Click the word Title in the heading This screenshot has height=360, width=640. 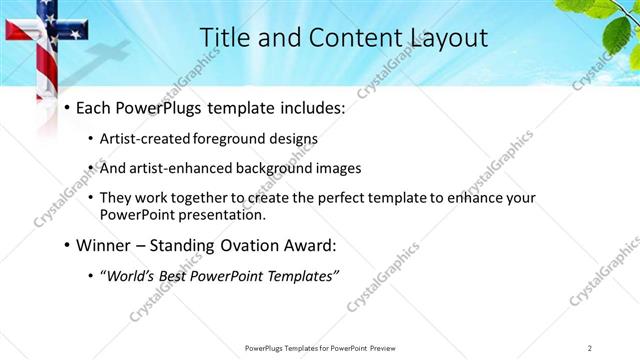[225, 38]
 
